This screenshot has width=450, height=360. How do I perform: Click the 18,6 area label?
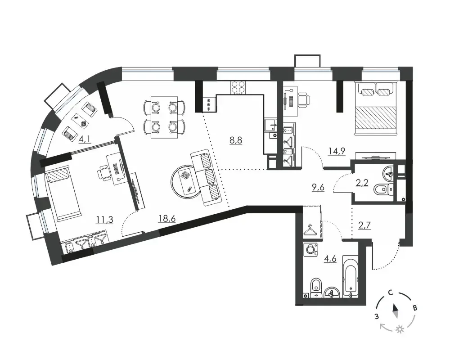[x=167, y=219]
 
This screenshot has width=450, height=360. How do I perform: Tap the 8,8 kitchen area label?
[x=236, y=140]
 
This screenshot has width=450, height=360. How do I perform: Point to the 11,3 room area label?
[x=104, y=220]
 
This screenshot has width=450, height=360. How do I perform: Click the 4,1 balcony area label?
[x=85, y=139]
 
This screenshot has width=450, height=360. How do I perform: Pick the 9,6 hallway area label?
[x=318, y=188]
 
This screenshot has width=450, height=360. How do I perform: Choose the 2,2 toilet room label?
[x=362, y=182]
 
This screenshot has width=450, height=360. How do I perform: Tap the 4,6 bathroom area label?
[x=329, y=258]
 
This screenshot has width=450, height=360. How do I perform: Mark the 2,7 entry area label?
[x=364, y=225]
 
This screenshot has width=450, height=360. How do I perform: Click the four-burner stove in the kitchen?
[x=238, y=87]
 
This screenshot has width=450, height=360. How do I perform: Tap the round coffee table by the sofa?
[x=185, y=180]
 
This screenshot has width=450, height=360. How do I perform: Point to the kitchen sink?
[x=270, y=125]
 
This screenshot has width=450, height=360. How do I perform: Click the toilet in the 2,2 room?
[x=383, y=189]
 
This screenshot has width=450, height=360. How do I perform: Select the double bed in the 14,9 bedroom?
[x=376, y=108]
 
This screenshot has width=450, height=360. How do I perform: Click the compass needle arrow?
[x=396, y=311]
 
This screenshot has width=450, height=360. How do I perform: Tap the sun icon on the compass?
[x=399, y=329]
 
